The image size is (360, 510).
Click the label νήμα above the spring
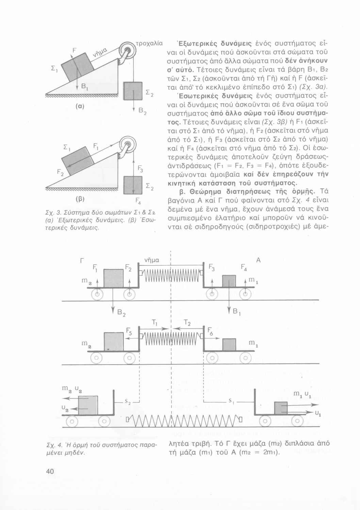(152, 260)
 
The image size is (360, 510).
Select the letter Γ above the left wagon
(82, 261)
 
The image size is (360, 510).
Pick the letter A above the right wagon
(258, 260)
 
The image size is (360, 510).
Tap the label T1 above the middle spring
(153, 322)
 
